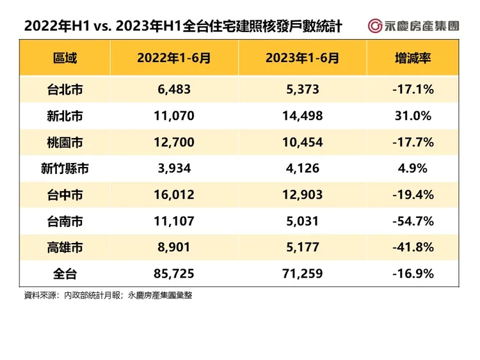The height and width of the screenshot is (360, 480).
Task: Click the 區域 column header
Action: click(x=65, y=58)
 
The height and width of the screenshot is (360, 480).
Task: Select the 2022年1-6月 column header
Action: click(x=173, y=58)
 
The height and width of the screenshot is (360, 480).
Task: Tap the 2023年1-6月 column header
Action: click(x=302, y=58)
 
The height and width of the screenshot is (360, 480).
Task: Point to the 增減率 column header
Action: click(x=413, y=58)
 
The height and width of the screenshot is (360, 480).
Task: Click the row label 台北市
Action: click(x=65, y=90)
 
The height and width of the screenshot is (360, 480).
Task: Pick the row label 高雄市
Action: click(x=65, y=247)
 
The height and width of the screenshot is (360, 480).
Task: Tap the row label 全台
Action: click(x=65, y=274)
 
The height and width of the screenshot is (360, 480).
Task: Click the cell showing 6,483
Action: click(x=173, y=90)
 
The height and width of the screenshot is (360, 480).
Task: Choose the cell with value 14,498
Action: click(x=302, y=116)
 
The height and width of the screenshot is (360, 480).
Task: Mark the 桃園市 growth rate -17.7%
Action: click(x=413, y=142)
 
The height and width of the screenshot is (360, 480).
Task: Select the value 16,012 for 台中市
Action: click(x=173, y=194)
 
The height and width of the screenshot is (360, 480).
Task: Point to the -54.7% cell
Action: click(x=413, y=221)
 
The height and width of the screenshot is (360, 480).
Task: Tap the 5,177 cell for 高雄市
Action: click(x=302, y=247)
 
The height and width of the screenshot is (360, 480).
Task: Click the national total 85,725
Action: click(x=173, y=274)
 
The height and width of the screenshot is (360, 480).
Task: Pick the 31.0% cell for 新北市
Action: click(x=413, y=116)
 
